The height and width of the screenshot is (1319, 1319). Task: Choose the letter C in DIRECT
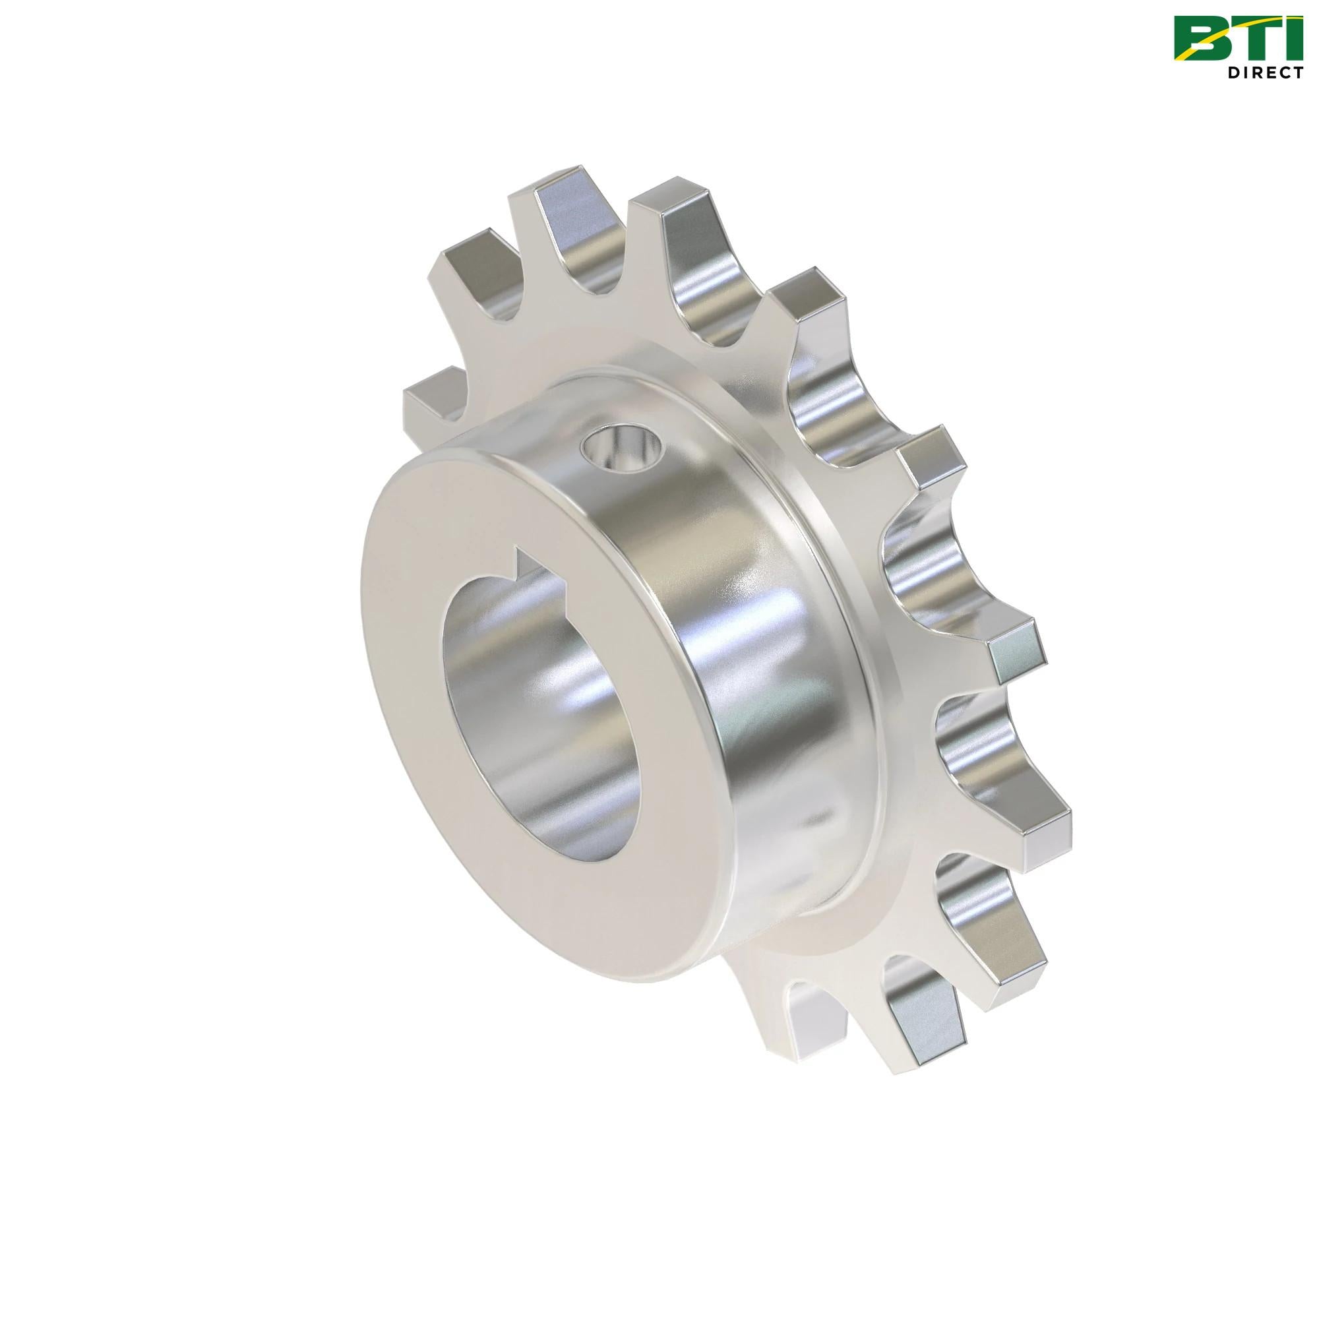(x=1288, y=73)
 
